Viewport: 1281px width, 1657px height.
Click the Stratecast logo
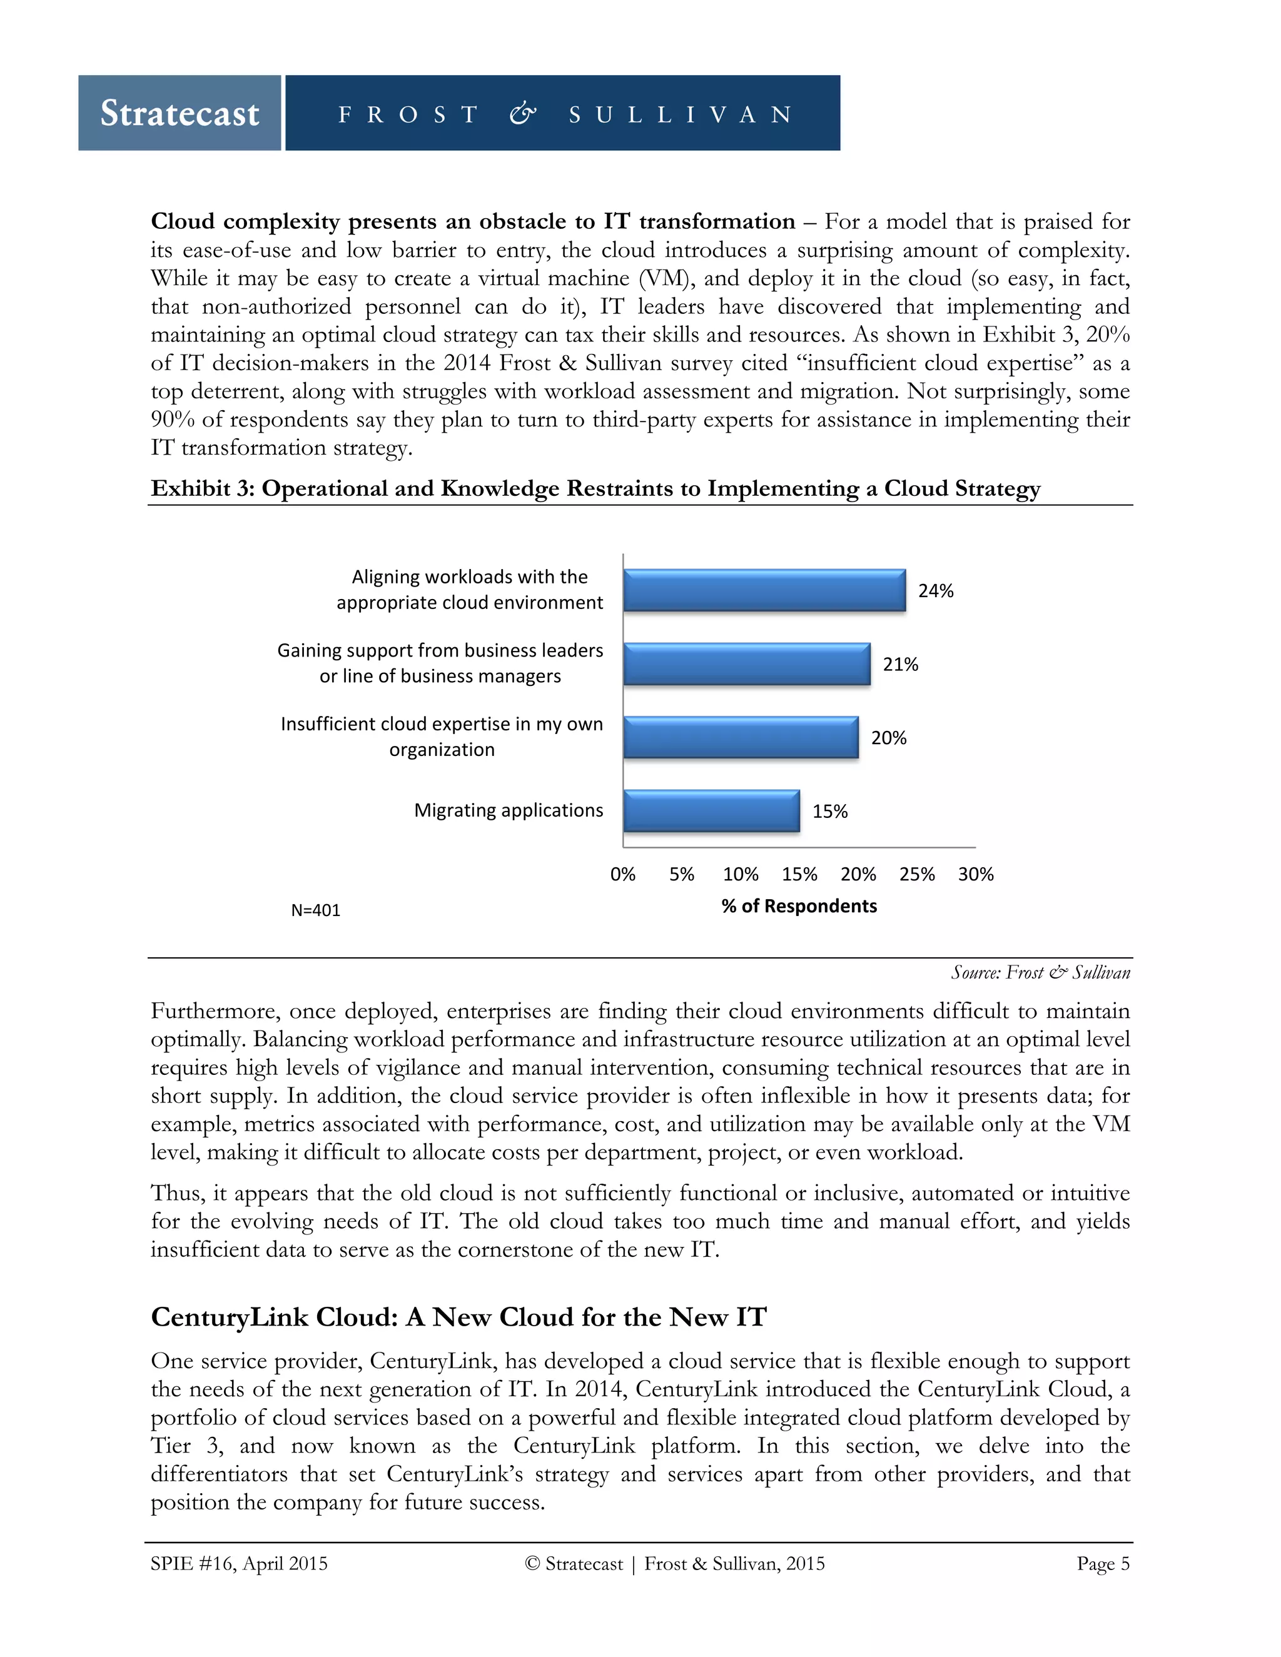[x=180, y=113]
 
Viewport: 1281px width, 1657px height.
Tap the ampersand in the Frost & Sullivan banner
[x=522, y=114]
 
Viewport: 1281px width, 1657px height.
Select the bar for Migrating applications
[x=711, y=811]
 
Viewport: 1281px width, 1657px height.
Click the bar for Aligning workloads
[x=764, y=590]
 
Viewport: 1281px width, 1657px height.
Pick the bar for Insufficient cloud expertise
[x=741, y=737]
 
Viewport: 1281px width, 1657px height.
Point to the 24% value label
[x=935, y=591]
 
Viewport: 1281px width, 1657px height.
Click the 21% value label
[x=900, y=665]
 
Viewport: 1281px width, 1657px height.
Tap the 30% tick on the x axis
[x=975, y=874]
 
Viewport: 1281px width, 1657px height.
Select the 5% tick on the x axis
[x=682, y=874]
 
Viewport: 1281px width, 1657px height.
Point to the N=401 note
[x=316, y=910]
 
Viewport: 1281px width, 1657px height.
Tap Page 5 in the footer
[x=1103, y=1564]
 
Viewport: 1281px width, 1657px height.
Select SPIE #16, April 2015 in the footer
[x=239, y=1564]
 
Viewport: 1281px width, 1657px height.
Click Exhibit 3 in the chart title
[x=203, y=488]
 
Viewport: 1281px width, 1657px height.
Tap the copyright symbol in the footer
[x=532, y=1564]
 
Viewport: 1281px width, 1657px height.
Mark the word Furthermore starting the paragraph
[x=213, y=1011]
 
